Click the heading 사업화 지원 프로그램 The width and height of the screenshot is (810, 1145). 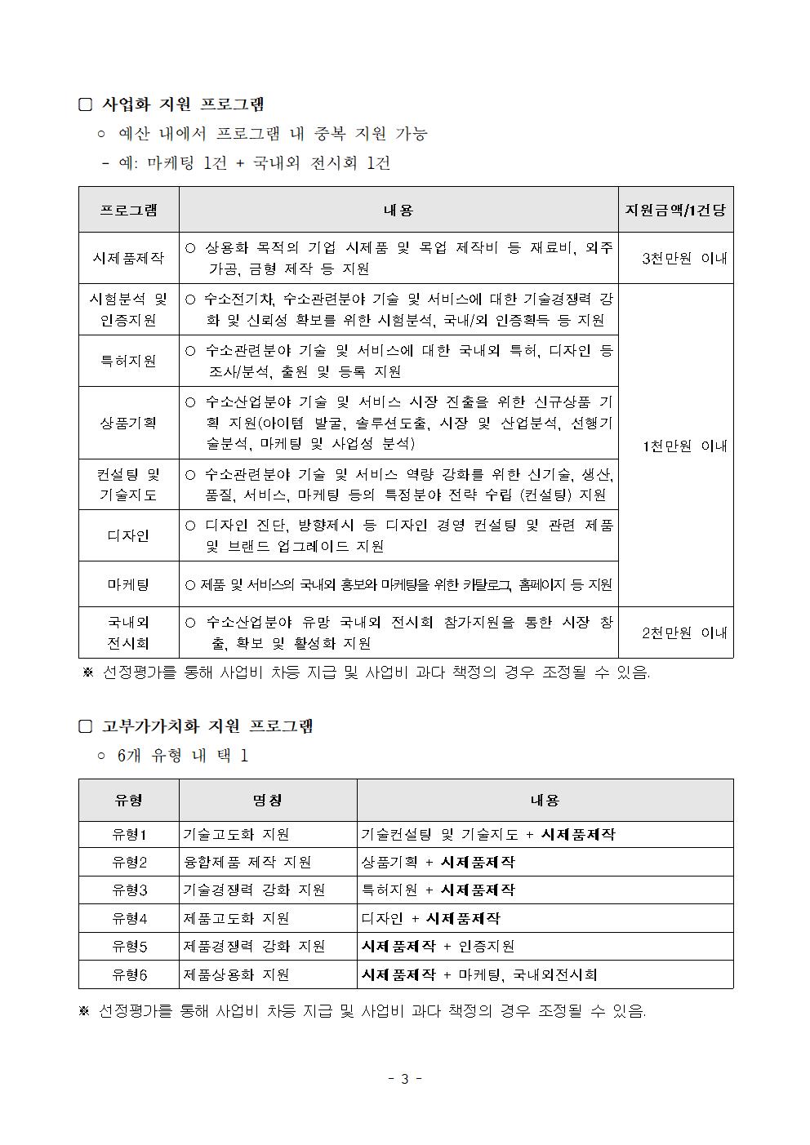pyautogui.click(x=183, y=104)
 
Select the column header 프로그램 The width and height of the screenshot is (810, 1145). pyautogui.click(x=128, y=210)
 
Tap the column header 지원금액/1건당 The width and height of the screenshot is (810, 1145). pyautogui.click(x=675, y=210)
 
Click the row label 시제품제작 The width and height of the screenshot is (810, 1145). pyautogui.click(x=128, y=258)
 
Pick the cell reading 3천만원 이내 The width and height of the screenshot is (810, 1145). pyautogui.click(x=684, y=258)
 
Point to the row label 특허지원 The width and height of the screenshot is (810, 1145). pyautogui.click(x=128, y=361)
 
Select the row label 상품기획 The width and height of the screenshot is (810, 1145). pyautogui.click(x=128, y=423)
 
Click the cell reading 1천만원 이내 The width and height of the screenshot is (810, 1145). pyautogui.click(x=684, y=446)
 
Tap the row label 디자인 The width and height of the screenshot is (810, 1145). pyautogui.click(x=128, y=535)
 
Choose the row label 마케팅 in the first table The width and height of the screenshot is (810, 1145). pyautogui.click(x=128, y=584)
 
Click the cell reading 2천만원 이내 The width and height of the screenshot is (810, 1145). pyautogui.click(x=684, y=632)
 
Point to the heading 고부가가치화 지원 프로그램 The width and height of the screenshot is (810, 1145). pyautogui.click(x=207, y=726)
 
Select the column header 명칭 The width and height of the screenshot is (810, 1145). pyautogui.click(x=267, y=801)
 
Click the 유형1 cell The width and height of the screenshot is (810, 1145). pyautogui.click(x=129, y=835)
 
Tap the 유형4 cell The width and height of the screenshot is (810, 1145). pyautogui.click(x=129, y=919)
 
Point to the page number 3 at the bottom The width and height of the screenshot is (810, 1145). pyautogui.click(x=404, y=1079)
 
